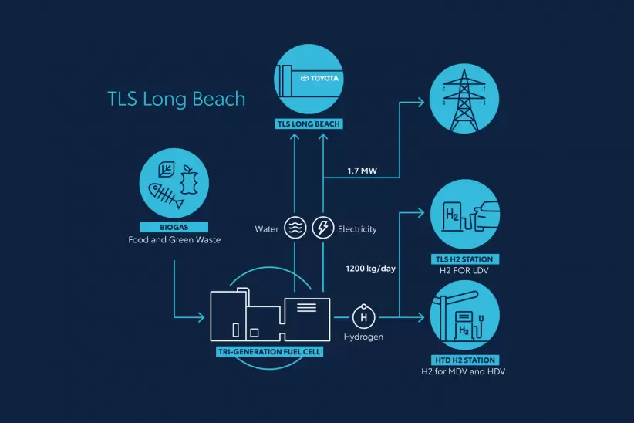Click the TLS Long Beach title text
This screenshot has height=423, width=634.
click(177, 100)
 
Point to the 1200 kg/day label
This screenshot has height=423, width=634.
click(372, 269)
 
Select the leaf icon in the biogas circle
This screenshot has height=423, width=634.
click(165, 170)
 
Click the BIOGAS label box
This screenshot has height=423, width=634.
click(175, 228)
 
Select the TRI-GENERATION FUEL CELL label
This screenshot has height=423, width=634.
click(269, 352)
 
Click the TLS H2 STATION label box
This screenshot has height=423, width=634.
click(464, 259)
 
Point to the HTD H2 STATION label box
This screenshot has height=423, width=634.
click(463, 360)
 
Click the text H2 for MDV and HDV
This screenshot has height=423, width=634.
click(463, 372)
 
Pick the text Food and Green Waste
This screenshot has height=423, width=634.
click(174, 240)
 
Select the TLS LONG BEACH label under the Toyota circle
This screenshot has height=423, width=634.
click(309, 124)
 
